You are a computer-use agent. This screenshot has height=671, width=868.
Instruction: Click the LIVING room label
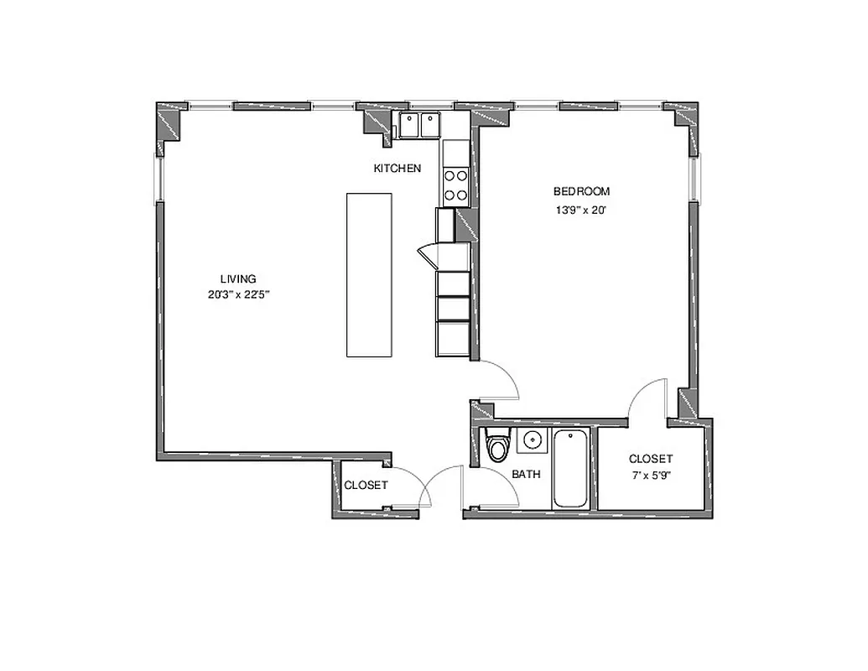237,278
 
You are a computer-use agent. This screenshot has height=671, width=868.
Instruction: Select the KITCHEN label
397,169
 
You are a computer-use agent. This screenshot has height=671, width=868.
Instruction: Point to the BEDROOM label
581,191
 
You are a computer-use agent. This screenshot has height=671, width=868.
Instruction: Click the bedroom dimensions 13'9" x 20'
581,211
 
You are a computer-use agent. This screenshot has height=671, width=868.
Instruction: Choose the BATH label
526,474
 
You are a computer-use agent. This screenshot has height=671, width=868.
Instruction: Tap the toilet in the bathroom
498,445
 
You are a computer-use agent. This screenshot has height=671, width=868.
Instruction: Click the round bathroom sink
532,440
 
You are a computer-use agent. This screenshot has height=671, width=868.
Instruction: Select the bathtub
570,468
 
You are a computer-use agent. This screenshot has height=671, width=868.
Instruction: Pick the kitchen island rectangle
369,275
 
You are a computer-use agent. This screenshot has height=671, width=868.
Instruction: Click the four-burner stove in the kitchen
455,185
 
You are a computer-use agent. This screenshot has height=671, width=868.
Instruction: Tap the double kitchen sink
419,126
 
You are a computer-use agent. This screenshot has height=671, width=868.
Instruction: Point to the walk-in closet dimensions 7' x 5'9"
651,476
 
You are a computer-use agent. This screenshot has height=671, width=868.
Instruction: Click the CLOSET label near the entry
366,486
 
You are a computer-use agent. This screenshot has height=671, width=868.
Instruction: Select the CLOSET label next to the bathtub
651,459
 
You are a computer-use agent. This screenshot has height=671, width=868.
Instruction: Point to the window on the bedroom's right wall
694,179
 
